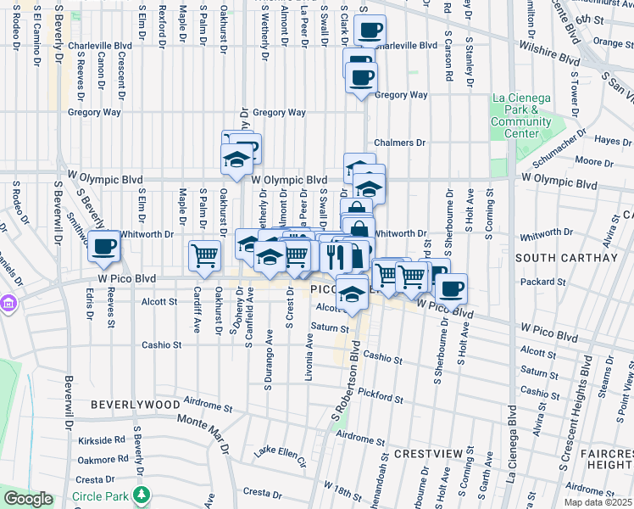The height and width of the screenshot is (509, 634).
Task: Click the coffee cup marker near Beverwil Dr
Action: tap(104, 247)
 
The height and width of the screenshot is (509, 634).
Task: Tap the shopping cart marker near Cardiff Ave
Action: tap(205, 255)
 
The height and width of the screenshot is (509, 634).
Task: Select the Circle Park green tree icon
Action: tap(143, 493)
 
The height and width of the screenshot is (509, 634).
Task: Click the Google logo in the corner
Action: tap(28, 499)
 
